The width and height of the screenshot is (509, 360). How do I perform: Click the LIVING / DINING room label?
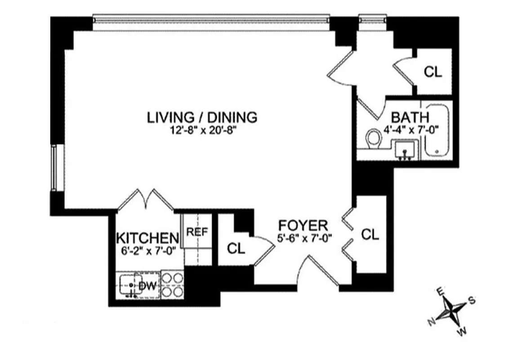click(202, 117)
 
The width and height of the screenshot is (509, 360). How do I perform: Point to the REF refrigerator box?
click(196, 232)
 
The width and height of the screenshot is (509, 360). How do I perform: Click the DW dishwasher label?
click(147, 286)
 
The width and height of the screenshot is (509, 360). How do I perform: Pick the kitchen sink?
click(129, 286)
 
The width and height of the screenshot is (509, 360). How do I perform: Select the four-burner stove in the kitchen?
click(173, 285)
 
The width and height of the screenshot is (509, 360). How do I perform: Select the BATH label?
click(410, 117)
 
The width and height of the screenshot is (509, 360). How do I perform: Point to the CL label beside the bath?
click(433, 72)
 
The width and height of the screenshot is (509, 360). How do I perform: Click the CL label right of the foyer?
click(371, 234)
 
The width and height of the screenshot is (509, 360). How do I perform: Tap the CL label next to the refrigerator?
click(236, 248)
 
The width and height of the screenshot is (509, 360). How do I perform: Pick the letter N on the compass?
click(431, 321)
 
